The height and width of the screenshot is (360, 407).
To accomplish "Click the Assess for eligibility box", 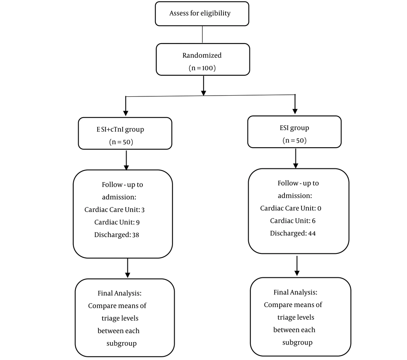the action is point(202,14).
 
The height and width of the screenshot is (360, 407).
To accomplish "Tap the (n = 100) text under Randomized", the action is point(202,68).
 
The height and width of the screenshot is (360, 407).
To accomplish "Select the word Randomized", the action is point(202,55).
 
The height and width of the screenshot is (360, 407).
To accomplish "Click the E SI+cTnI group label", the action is point(120,129).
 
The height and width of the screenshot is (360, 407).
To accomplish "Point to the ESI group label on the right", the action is point(294,128).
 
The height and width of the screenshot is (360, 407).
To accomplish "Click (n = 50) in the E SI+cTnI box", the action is point(121,142).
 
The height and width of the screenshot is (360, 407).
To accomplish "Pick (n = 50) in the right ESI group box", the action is point(295,140).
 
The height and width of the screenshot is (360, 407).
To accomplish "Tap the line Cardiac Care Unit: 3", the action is point(114,209).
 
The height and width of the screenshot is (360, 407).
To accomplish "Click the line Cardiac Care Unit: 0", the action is point(291,208).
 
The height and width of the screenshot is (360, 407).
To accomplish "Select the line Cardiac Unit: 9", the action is point(117,222).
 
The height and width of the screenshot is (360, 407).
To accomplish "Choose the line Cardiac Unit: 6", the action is point(293,221).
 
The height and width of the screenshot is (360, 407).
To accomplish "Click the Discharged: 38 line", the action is point(116,235).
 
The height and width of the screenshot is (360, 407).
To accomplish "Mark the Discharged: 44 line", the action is point(293,233).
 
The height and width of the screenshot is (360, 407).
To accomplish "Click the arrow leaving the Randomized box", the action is point(203,85).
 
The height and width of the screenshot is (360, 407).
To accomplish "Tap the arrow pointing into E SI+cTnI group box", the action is point(126,106).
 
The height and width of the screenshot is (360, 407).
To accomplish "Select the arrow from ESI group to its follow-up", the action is point(295,159).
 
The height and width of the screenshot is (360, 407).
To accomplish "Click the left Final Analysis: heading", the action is point(120,293).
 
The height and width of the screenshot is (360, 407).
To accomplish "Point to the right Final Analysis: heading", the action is point(295,292).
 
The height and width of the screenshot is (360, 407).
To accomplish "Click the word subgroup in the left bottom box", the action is point(121,344).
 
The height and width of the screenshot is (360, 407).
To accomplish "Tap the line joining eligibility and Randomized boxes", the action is point(202,35).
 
